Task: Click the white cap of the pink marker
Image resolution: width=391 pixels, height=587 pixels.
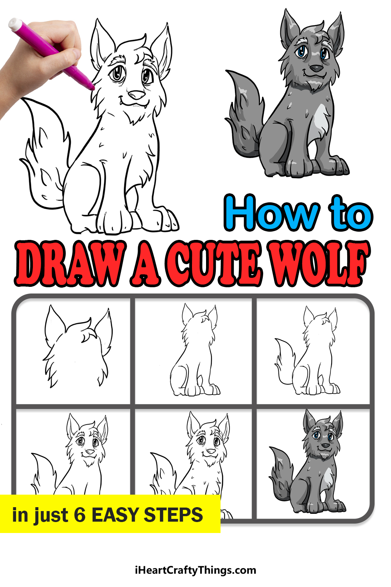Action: pos(15,24)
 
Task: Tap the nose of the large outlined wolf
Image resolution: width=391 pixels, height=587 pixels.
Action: pos(136,95)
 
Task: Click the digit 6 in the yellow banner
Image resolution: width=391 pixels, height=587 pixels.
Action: pos(80,515)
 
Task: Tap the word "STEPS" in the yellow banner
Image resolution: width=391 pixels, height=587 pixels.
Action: pos(173,515)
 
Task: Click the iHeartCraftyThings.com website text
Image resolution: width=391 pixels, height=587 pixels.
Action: pos(195,570)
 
